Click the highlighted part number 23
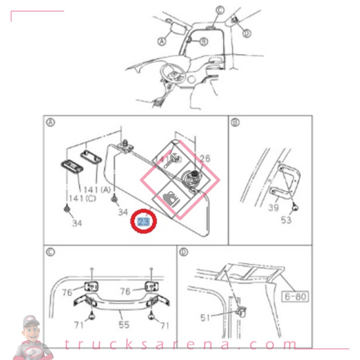(x=143, y=221)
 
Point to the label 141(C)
(x=82, y=199)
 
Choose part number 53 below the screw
(x=286, y=220)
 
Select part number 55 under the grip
(x=124, y=324)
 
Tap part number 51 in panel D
(x=205, y=318)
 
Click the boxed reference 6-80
(x=295, y=296)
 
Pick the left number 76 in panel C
(x=67, y=292)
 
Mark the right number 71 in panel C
(x=165, y=326)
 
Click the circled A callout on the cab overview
(x=161, y=41)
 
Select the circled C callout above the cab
(x=220, y=10)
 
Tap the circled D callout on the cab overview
(x=247, y=33)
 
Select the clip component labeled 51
(x=242, y=310)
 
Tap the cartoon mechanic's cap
(x=31, y=321)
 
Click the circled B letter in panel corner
(x=235, y=122)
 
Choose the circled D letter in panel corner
(x=183, y=252)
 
